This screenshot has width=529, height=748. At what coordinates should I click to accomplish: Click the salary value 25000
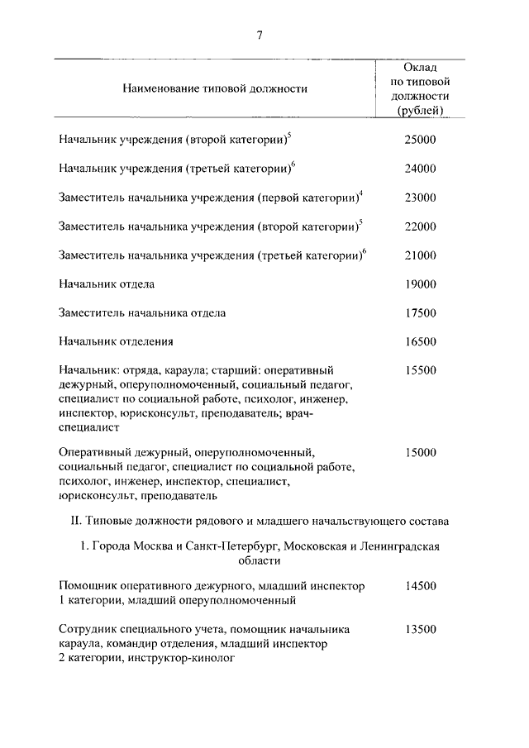419,141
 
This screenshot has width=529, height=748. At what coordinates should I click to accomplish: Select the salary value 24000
419,169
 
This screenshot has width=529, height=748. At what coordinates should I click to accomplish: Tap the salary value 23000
419,198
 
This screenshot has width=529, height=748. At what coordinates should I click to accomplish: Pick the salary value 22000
419,226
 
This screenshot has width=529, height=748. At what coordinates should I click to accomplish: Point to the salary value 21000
419,255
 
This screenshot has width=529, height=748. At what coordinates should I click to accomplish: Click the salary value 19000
419,284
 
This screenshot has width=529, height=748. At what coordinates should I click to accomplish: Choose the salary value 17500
419,313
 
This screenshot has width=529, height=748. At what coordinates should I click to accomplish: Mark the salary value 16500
419,341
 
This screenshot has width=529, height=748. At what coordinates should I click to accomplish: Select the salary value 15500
419,370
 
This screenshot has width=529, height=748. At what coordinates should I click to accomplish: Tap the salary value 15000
419,453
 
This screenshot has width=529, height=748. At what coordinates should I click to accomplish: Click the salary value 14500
419,586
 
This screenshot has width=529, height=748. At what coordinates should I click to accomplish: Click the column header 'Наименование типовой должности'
214,88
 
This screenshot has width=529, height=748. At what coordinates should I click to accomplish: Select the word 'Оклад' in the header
420,67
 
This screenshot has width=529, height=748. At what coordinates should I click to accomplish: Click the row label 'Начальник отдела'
107,284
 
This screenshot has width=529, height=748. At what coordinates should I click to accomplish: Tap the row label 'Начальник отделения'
117,341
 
